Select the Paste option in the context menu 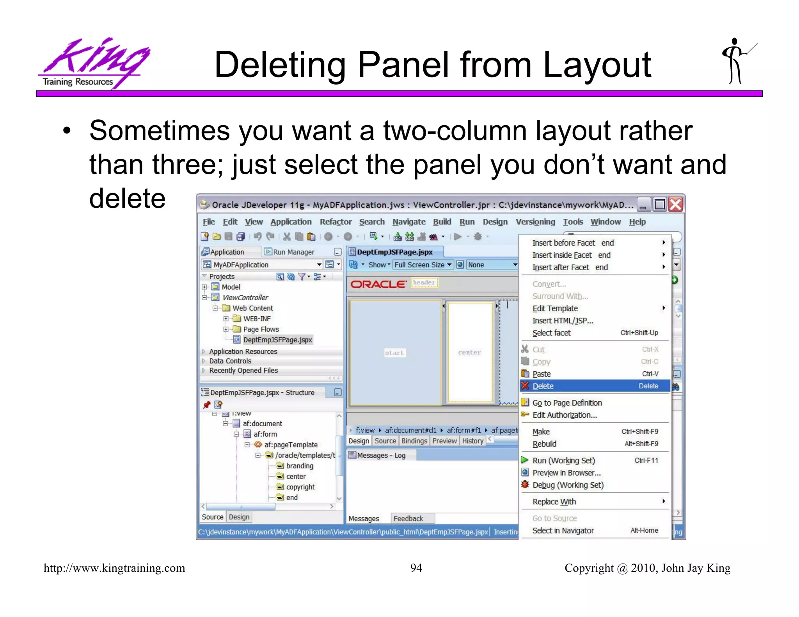click(x=542, y=374)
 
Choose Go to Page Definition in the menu click(x=567, y=402)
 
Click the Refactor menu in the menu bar click(x=336, y=222)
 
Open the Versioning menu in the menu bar click(x=535, y=222)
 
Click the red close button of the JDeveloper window click(x=675, y=204)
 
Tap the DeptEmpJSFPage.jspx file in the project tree click(x=277, y=340)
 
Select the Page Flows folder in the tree click(x=261, y=329)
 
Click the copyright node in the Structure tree click(x=300, y=487)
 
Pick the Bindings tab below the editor click(x=414, y=441)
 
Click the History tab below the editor click(x=472, y=441)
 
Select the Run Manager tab click(x=293, y=252)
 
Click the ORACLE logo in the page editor click(x=378, y=284)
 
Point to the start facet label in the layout click(x=394, y=353)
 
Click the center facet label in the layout click(x=469, y=352)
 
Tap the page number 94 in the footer click(x=416, y=568)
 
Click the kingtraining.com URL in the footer click(x=114, y=568)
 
